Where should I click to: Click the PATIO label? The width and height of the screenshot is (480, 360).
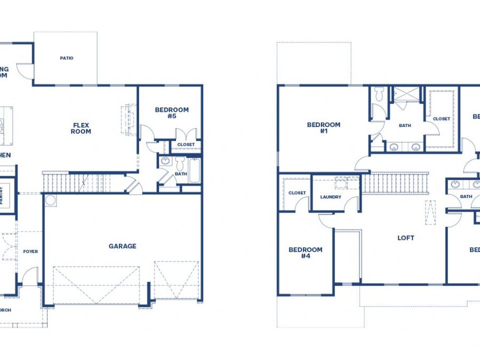[x=67, y=58]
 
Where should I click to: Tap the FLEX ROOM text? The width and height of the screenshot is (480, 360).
[x=82, y=129]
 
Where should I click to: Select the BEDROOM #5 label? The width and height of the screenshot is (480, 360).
[x=172, y=113]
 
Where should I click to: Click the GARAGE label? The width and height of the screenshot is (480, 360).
[x=123, y=246]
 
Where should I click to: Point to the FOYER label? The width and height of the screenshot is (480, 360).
[x=30, y=251]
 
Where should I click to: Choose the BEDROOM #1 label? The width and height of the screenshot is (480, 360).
[x=323, y=128]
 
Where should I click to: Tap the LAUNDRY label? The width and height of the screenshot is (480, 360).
[x=331, y=197]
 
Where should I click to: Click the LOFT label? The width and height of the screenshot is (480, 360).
[x=405, y=238]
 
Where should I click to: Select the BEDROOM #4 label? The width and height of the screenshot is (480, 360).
[x=306, y=253]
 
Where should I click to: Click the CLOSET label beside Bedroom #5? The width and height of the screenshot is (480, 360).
[x=186, y=145]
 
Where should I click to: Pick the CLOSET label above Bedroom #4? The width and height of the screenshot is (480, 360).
[x=297, y=193]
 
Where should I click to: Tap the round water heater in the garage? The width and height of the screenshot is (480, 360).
[x=51, y=201]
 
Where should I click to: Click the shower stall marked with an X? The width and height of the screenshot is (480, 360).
[x=406, y=94]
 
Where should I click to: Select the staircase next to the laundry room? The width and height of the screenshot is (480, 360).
[x=396, y=183]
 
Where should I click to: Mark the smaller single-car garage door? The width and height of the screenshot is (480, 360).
[x=176, y=280]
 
